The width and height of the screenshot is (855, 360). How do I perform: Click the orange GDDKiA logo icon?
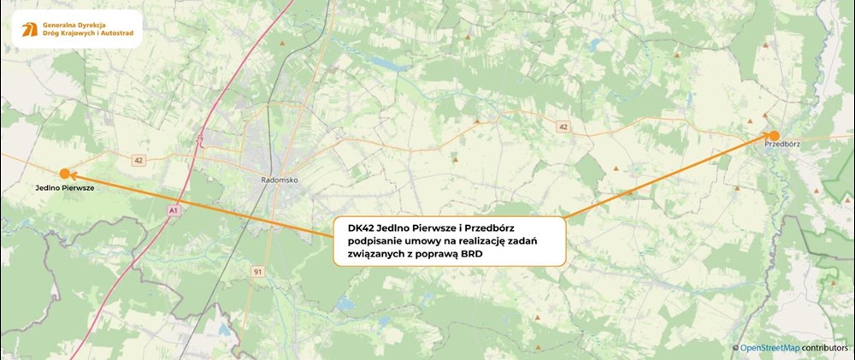point(29,30)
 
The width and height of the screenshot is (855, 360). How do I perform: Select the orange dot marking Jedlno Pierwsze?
point(64,173)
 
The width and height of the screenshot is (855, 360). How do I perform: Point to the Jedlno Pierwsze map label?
point(65,188)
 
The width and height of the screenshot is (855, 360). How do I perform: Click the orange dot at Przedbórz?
point(774,135)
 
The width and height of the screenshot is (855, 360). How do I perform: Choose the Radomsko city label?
point(277,180)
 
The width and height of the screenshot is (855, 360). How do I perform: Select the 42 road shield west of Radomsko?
point(139,159)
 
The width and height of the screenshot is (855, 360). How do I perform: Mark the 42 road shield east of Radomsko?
point(562,127)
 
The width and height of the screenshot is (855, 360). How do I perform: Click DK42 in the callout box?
point(360,229)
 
